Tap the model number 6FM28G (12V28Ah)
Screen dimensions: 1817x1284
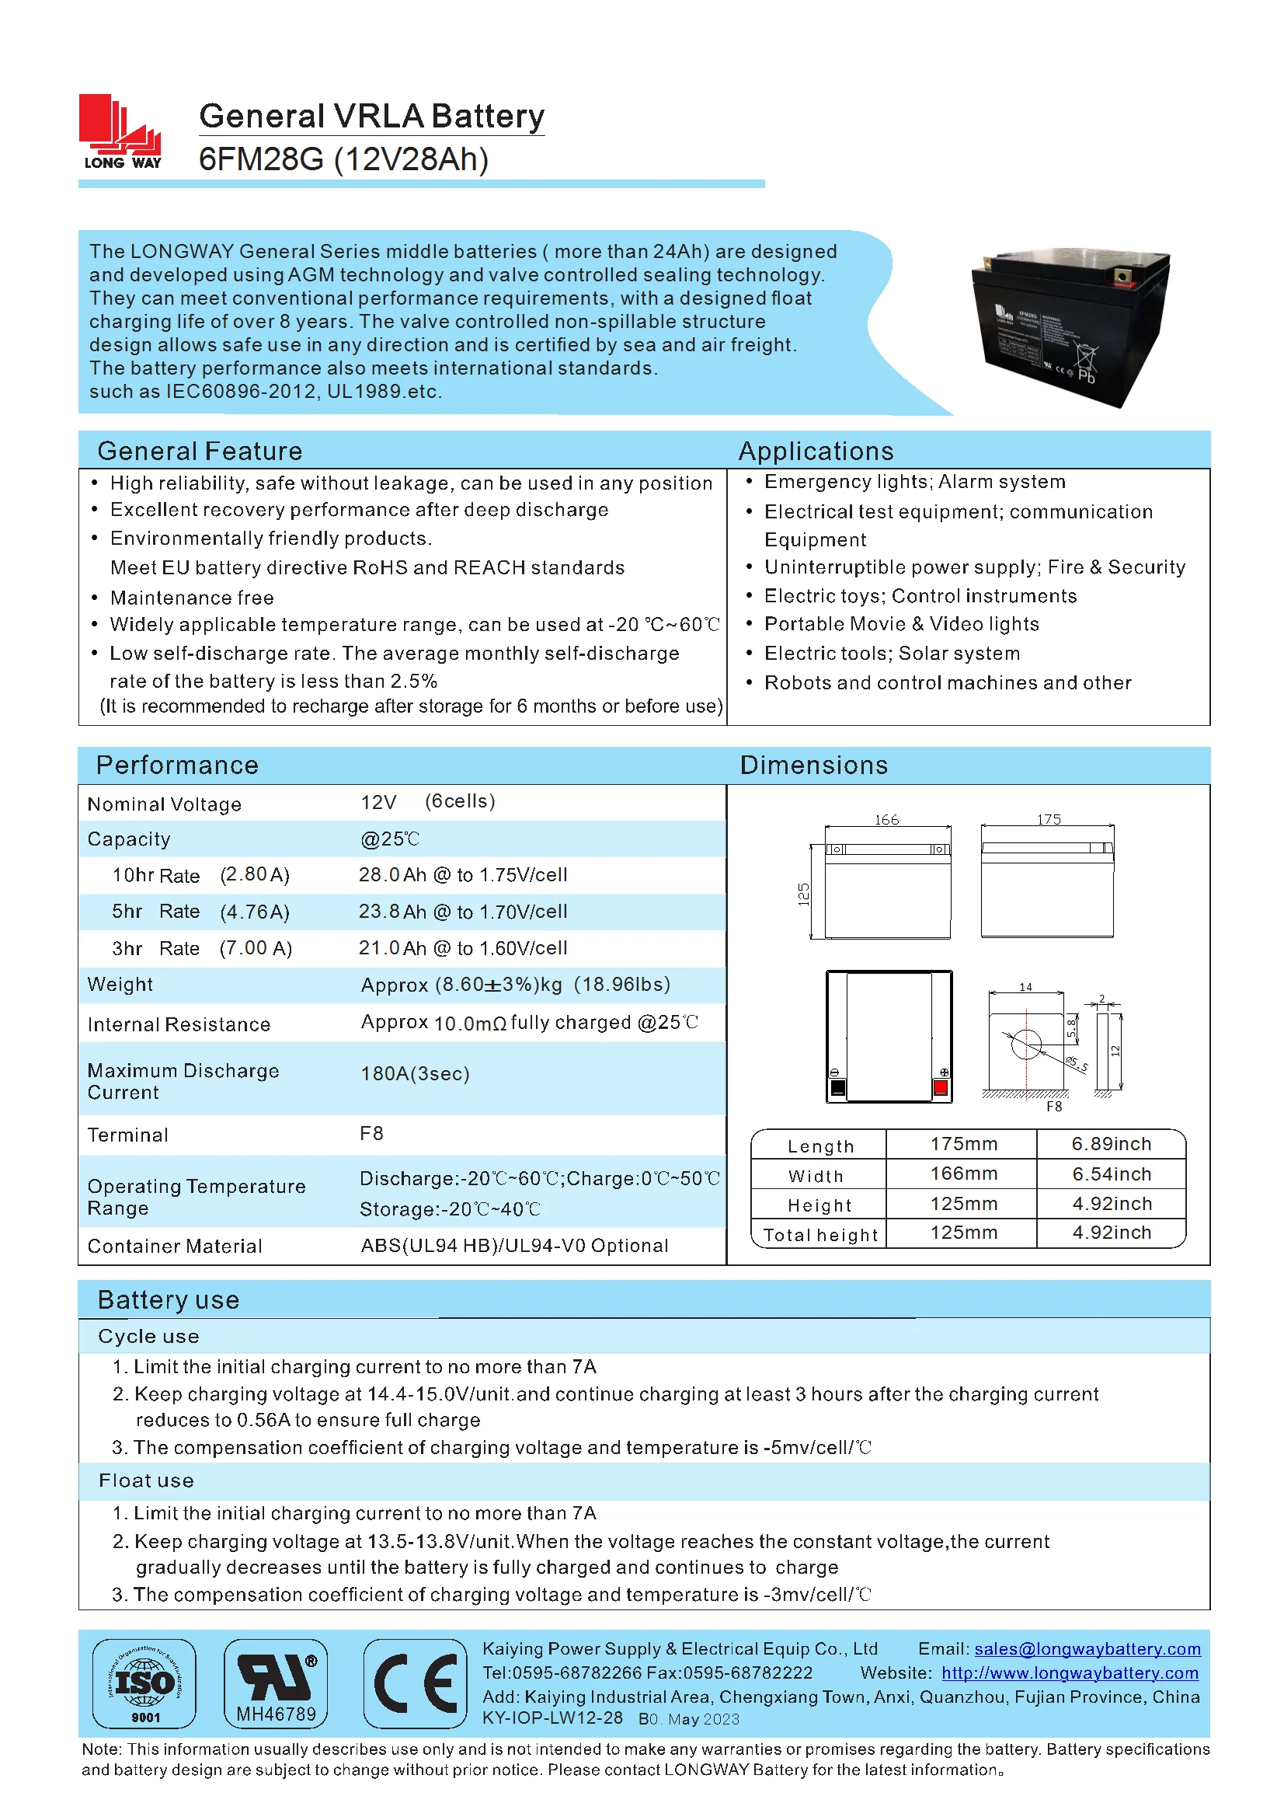343,160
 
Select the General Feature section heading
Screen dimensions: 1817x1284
200,451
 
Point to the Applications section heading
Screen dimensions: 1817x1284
816,451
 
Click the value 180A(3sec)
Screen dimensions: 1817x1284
415,1074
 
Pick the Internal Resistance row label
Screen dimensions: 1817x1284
179,1025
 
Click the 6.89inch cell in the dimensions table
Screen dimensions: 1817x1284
1111,1144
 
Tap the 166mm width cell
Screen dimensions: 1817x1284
964,1174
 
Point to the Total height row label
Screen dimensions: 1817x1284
820,1236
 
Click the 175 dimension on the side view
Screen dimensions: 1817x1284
1049,820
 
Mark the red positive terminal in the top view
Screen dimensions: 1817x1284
941,1088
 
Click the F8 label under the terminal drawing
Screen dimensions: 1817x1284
1054,1107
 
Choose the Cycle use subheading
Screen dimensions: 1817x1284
148,1337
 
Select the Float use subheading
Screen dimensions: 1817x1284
146,1480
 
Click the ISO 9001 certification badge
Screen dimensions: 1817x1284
144,1683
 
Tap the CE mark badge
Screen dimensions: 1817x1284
416,1683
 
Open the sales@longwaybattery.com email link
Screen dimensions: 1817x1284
1087,1649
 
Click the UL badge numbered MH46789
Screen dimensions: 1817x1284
276,1683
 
